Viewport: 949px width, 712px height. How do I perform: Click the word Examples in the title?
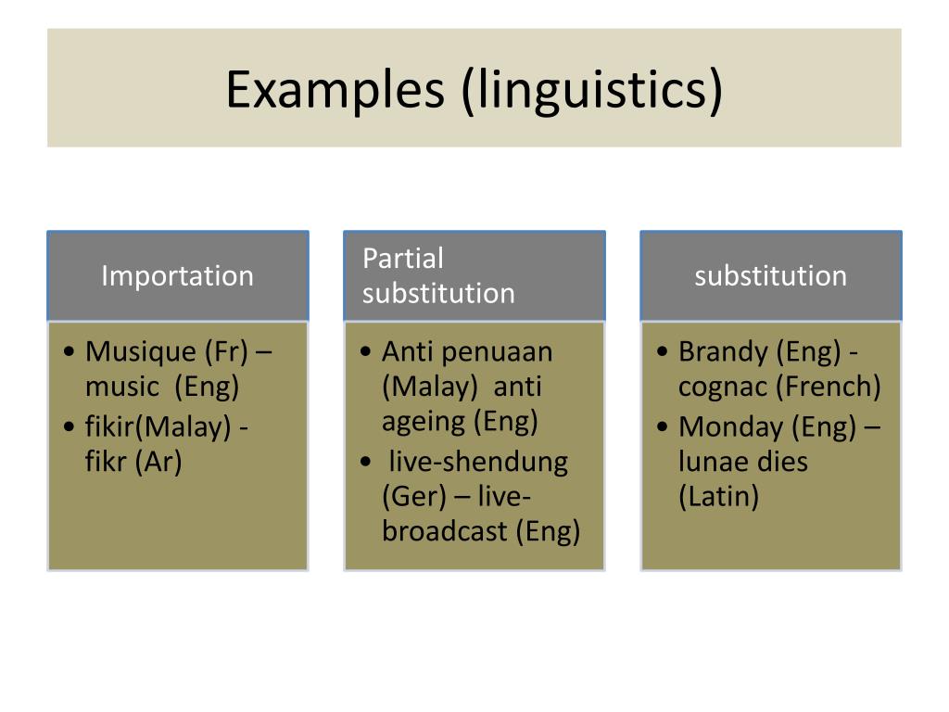335,90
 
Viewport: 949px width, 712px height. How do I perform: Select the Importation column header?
177,276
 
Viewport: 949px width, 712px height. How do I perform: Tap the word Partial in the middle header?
403,258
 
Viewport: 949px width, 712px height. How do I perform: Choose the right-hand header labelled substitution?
770,276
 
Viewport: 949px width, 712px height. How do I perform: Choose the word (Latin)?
718,497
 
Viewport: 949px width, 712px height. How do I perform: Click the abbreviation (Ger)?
414,497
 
